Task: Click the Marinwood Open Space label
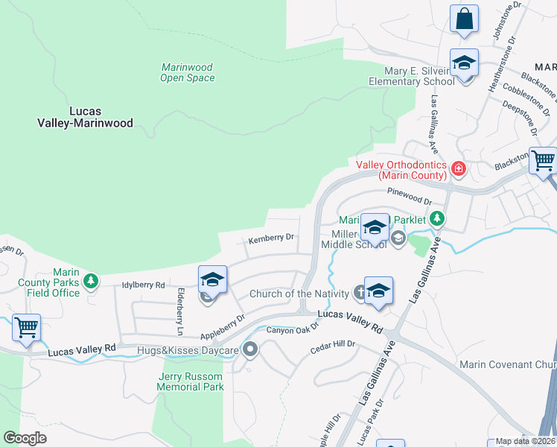coord(188,72)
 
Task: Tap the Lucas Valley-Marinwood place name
coord(86,116)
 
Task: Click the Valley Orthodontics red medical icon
coord(459,169)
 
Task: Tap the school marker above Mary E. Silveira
coord(464,64)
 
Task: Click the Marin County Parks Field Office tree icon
coord(91,281)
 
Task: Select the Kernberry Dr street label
coord(272,238)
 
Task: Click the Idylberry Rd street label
coord(142,285)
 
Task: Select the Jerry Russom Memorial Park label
coord(191,382)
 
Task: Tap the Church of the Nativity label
coord(299,294)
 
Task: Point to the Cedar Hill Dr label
coord(334,344)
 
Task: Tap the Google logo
coord(25,438)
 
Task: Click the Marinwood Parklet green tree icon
coord(439,219)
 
